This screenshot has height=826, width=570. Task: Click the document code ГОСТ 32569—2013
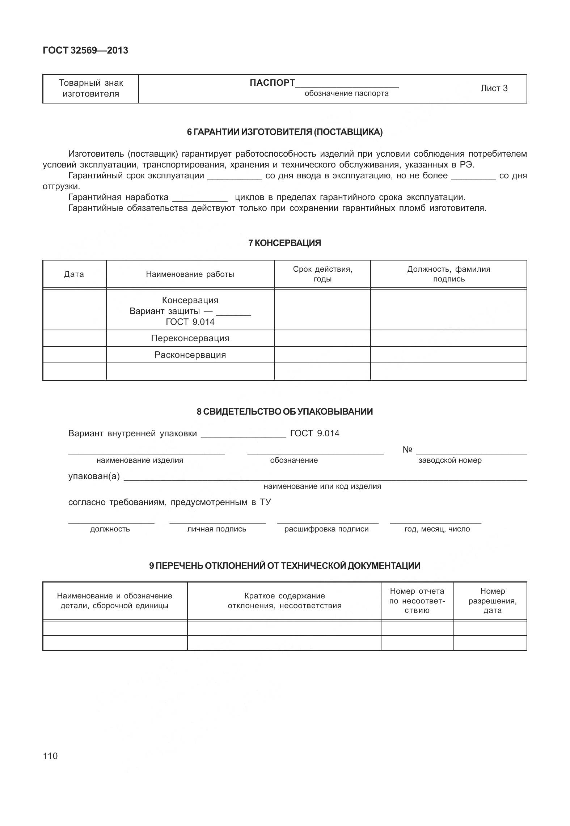[85, 50]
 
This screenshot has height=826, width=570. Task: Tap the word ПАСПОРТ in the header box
[272, 83]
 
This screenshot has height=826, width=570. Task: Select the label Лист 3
[494, 88]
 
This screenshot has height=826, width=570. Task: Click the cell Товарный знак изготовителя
[91, 88]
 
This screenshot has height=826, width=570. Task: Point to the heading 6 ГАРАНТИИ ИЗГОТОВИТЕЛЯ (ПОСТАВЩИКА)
[284, 132]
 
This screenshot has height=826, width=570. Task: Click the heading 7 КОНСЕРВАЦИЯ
[284, 243]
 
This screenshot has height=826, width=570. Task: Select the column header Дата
[74, 274]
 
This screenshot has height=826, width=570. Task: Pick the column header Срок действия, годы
[322, 274]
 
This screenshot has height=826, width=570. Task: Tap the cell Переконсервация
[190, 338]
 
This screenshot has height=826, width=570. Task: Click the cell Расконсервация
[190, 355]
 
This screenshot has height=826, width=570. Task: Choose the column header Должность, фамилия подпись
[448, 274]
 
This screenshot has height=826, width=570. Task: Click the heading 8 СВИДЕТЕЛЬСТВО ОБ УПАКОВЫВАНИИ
[284, 412]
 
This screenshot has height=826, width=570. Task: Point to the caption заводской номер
[450, 460]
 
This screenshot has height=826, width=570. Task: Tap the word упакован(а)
[94, 476]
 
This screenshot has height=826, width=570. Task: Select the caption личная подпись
[216, 529]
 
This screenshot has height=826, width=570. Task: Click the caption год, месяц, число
[437, 529]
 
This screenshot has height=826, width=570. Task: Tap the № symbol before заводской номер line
[407, 450]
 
